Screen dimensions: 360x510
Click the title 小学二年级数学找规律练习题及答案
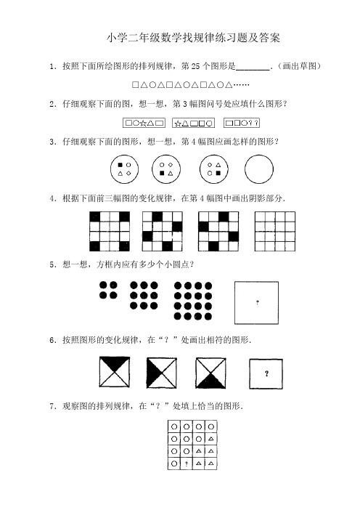[x=192, y=36]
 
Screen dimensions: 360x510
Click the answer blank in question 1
[x=253, y=67]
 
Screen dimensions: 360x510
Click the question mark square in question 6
[x=267, y=374]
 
